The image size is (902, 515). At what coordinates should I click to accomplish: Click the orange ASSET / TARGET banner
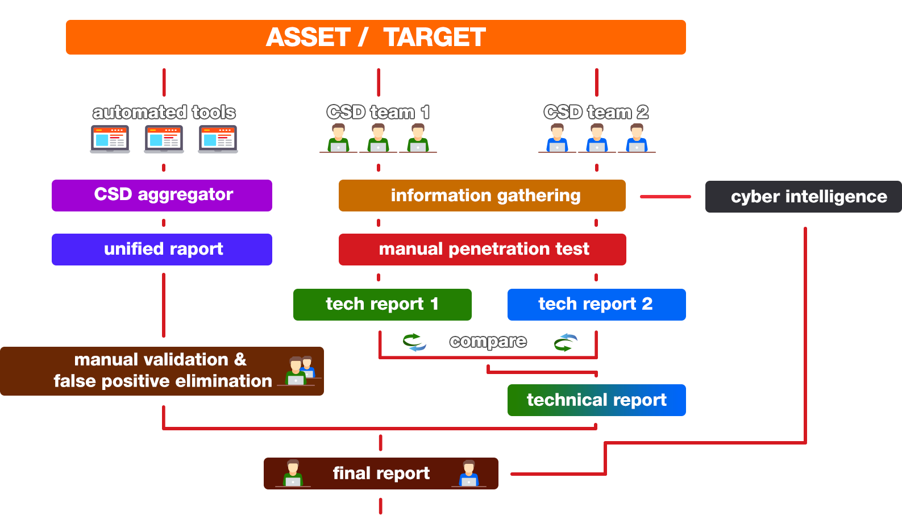click(x=376, y=37)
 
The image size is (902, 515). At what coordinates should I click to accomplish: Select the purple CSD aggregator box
click(x=162, y=196)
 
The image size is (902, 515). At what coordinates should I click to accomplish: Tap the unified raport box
click(x=162, y=249)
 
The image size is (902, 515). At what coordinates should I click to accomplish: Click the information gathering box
click(x=482, y=196)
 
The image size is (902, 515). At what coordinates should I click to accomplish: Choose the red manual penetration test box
click(x=483, y=249)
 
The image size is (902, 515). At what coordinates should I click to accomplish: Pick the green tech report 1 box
click(x=382, y=305)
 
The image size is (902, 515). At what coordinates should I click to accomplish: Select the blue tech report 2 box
click(x=596, y=305)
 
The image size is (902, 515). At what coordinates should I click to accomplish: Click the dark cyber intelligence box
click(x=803, y=197)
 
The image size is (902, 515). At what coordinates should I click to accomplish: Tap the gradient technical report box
click(x=596, y=400)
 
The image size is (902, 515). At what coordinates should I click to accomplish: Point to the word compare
click(x=488, y=342)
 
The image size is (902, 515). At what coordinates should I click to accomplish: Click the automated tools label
click(x=164, y=113)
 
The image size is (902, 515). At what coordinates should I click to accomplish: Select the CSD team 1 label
click(x=378, y=112)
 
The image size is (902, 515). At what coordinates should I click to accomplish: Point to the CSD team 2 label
click(x=596, y=112)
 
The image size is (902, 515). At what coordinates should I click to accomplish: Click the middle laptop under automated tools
click(x=164, y=139)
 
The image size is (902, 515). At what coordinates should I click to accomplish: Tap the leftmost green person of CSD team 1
click(x=338, y=138)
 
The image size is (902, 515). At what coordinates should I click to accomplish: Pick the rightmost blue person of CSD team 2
click(x=637, y=138)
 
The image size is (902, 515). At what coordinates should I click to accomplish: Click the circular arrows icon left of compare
click(x=414, y=342)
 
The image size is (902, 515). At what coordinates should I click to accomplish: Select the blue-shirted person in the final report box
click(x=469, y=474)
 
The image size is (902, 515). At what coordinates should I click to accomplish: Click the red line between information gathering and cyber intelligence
click(x=666, y=197)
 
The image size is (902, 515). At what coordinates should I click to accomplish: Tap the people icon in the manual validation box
click(x=300, y=371)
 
